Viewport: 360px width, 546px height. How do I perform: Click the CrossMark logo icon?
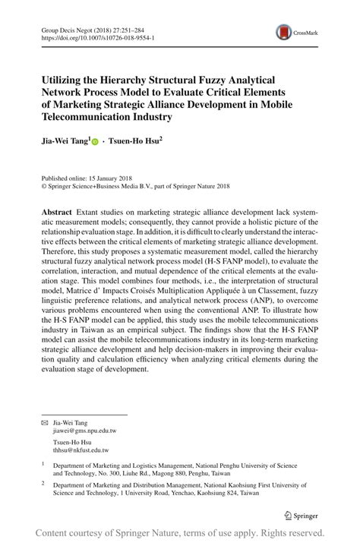(x=285, y=31)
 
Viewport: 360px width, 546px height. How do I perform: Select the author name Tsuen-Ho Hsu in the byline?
(x=134, y=141)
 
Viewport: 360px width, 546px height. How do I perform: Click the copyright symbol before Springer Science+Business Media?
(x=43, y=184)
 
